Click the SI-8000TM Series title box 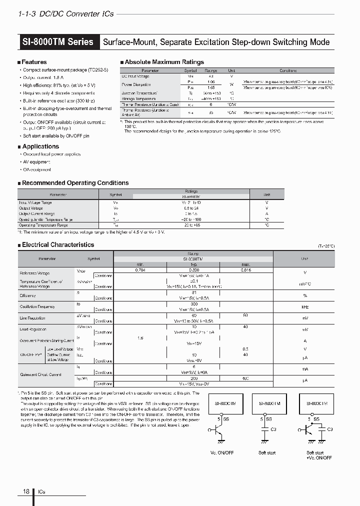[58, 41]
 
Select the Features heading [34, 62]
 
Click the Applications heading [40, 146]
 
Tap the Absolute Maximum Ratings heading [164, 62]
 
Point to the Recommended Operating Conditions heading [75, 183]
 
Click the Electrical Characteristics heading [58, 245]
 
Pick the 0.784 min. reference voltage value [140, 270]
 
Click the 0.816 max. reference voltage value [245, 270]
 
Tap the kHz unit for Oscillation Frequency [304, 306]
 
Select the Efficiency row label [28, 295]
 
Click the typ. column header [193, 264]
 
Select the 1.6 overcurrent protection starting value [140, 338]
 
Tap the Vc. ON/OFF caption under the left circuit [221, 453]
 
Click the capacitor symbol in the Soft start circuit [264, 430]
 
